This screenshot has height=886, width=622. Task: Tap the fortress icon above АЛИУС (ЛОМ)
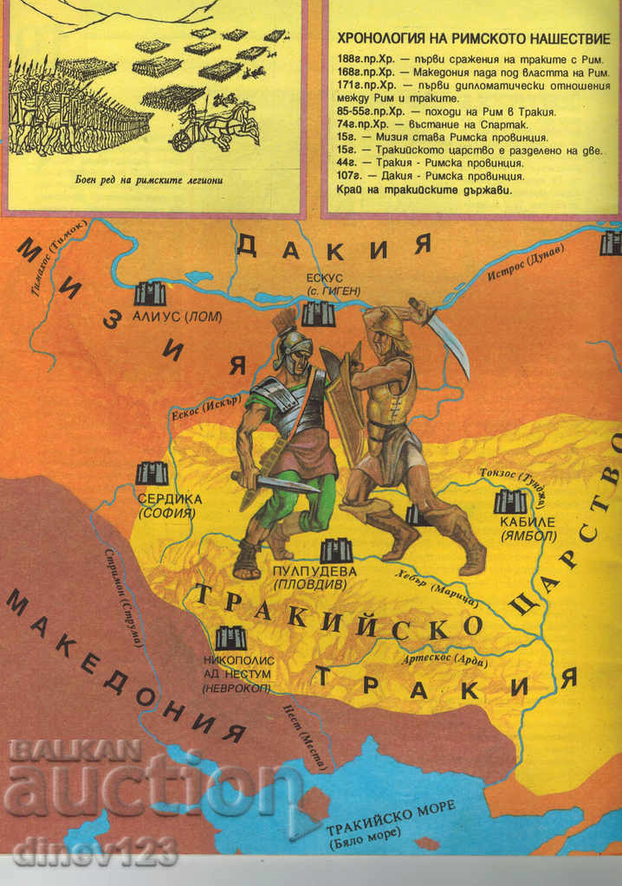149,294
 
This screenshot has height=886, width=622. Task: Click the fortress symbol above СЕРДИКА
152,473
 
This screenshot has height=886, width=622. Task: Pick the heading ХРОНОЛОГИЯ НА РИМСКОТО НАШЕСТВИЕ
471,39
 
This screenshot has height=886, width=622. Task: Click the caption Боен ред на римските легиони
153,180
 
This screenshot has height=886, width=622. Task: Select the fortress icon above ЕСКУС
318,313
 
